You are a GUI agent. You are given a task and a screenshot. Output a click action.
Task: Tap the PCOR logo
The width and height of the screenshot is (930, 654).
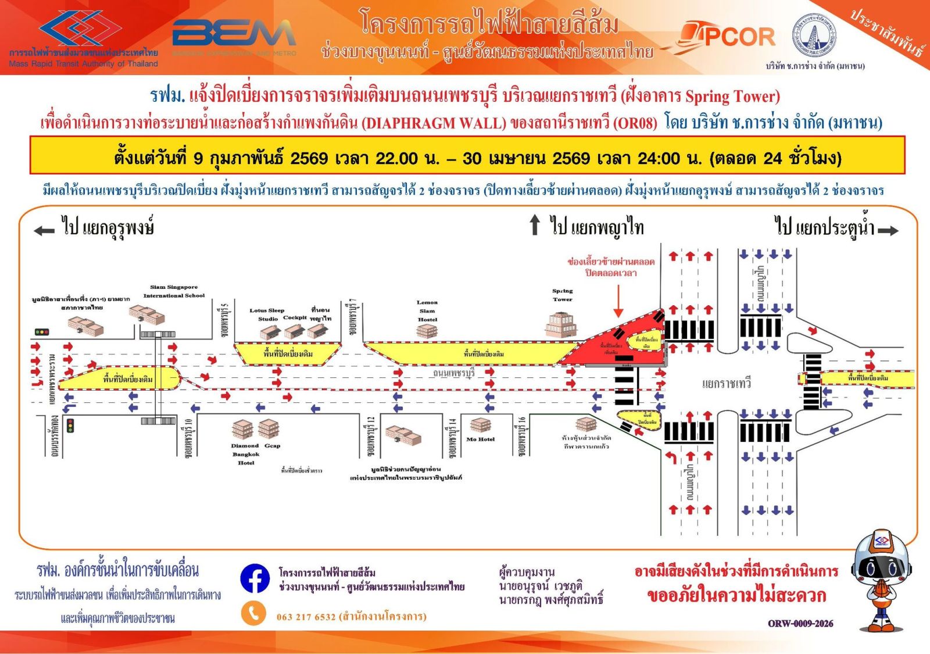(x=727, y=36)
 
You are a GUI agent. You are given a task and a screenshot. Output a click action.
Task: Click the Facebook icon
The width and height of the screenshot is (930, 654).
(x=255, y=578)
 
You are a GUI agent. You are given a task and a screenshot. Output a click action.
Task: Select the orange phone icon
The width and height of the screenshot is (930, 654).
(x=253, y=614)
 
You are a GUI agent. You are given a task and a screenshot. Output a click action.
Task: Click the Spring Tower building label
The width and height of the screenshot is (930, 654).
(x=562, y=295)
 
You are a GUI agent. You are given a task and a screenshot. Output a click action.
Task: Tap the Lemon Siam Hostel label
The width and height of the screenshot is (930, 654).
(x=427, y=311)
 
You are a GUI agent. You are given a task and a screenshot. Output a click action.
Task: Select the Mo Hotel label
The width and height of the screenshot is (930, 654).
(x=480, y=439)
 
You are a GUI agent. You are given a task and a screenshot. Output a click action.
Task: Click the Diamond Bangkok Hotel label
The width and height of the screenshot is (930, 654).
(x=245, y=454)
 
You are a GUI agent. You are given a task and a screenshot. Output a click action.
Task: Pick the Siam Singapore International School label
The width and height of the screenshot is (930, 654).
(x=174, y=291)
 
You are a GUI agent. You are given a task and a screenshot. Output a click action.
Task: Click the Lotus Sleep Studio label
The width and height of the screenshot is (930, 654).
(x=267, y=315)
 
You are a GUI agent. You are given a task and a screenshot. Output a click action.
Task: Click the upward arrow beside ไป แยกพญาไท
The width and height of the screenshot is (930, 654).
(x=535, y=226)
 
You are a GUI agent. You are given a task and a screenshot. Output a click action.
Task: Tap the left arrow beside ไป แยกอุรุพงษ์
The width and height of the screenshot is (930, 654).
(x=44, y=231)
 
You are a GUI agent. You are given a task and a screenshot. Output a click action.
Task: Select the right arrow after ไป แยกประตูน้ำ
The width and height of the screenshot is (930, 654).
(x=888, y=231)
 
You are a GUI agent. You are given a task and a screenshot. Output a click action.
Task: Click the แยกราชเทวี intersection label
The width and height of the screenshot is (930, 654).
(x=726, y=384)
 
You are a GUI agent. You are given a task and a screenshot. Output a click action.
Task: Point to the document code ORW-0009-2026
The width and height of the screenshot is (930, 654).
(x=800, y=624)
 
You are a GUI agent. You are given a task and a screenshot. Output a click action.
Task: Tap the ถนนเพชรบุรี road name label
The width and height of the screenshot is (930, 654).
(x=453, y=373)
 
